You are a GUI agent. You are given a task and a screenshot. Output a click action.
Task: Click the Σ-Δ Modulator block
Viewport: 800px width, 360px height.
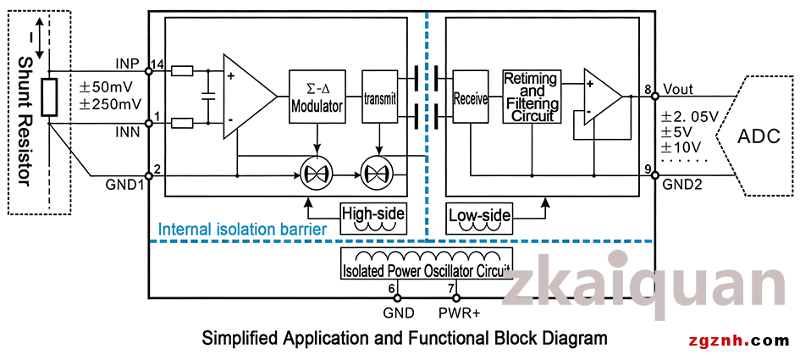(317, 97)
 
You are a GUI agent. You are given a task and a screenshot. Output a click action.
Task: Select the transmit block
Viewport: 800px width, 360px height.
(379, 97)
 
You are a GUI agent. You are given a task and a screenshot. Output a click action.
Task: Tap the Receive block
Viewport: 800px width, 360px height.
(471, 97)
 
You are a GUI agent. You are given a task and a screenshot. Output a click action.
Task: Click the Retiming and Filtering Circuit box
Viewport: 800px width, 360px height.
(532, 97)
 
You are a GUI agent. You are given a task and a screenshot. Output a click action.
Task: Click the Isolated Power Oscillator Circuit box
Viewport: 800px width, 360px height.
(427, 263)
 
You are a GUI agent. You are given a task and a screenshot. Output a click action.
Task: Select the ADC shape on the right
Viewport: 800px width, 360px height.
(754, 136)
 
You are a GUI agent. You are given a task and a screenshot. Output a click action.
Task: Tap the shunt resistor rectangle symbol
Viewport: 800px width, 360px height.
(49, 97)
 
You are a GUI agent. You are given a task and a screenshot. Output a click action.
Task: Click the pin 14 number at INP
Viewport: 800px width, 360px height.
(157, 65)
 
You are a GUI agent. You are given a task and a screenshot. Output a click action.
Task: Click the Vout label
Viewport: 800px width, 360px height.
(678, 89)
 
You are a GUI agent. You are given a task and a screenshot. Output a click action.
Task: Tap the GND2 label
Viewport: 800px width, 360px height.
(680, 185)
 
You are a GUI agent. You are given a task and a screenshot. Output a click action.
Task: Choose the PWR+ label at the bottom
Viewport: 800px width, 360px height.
(460, 313)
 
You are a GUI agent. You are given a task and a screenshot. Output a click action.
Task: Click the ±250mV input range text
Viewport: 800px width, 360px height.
(110, 102)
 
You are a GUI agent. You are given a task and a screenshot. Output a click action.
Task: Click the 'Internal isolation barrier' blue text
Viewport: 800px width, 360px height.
(242, 230)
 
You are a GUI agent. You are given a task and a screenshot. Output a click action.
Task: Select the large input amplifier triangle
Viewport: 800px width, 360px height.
(250, 97)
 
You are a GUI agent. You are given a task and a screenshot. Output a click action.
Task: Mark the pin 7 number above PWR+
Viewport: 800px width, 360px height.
(451, 289)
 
